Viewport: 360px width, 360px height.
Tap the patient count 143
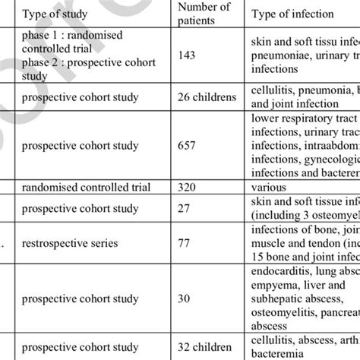coord(186,55)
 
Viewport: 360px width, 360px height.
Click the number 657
coord(186,145)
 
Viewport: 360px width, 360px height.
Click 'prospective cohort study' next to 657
coord(86,145)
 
